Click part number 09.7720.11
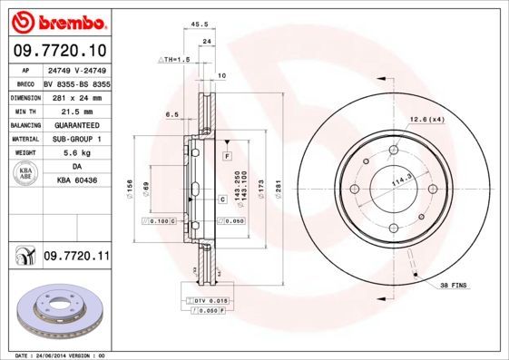tap(76, 258)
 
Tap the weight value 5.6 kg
tap(76, 152)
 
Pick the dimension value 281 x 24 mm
tap(76, 96)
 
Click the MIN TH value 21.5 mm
tap(76, 111)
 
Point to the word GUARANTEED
tap(76, 124)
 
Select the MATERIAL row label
tap(24, 139)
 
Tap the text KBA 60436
tap(76, 180)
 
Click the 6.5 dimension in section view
tap(171, 114)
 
